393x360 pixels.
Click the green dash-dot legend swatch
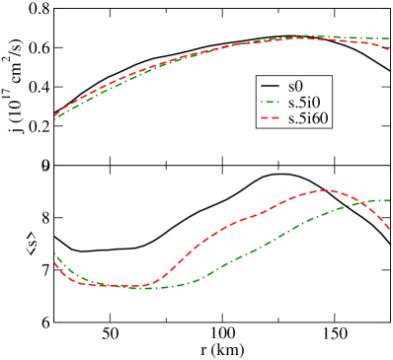click(x=270, y=102)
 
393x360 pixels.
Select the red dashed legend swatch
click(x=270, y=117)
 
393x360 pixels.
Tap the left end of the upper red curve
click(x=55, y=115)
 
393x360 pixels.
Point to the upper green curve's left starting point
click(x=55, y=118)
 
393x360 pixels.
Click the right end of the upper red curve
click(x=388, y=49)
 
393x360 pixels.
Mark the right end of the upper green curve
click(x=388, y=39)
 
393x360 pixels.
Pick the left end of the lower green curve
click(x=54, y=253)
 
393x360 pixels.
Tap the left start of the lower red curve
click(x=55, y=262)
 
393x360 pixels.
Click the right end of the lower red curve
click(x=389, y=229)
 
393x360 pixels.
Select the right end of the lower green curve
click(x=389, y=200)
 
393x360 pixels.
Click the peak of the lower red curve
click(x=325, y=189)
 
